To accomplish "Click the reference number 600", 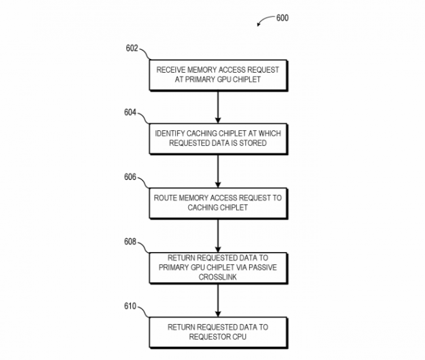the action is pyautogui.click(x=282, y=18).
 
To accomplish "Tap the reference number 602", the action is pyautogui.click(x=131, y=48).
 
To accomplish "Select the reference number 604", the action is pyautogui.click(x=130, y=113).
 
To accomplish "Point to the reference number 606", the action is pyautogui.click(x=130, y=177).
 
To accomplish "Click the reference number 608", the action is pyautogui.click(x=130, y=242).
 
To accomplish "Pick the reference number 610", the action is pyautogui.click(x=130, y=306).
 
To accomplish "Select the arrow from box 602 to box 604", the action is pyautogui.click(x=218, y=107).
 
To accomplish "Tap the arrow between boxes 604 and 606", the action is pyautogui.click(x=218, y=171).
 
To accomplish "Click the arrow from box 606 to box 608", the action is pyautogui.click(x=218, y=236).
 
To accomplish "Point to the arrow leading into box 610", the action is pyautogui.click(x=218, y=300).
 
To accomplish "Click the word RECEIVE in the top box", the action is pyautogui.click(x=171, y=70).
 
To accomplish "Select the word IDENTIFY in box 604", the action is pyautogui.click(x=170, y=134).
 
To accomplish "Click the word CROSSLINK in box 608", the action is pyautogui.click(x=218, y=277).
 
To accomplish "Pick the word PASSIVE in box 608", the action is pyautogui.click(x=263, y=268).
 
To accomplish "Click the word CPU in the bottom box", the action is pyautogui.click(x=239, y=337).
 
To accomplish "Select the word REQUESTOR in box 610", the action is pyautogui.click(x=209, y=337).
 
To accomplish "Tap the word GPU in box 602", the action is pyautogui.click(x=224, y=79).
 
